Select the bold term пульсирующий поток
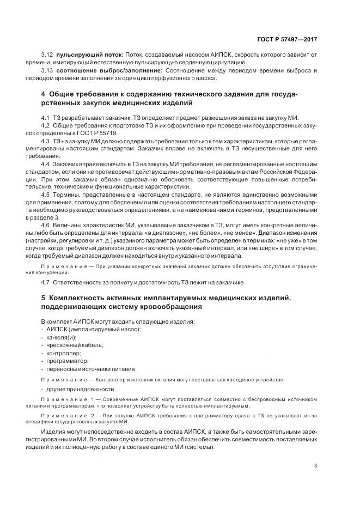pos(88,56)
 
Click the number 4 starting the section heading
pos(43,94)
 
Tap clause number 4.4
pos(46,163)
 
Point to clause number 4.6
pos(46,224)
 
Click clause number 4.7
pos(46,282)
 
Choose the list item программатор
pos(67,361)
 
